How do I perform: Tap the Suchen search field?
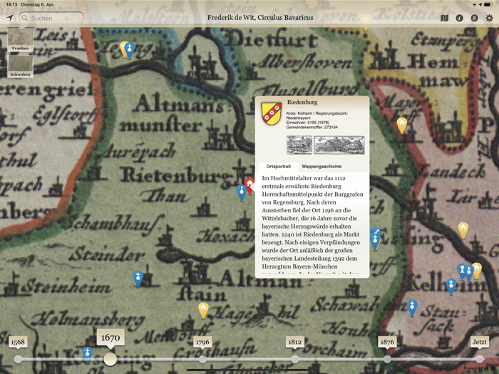[51, 18]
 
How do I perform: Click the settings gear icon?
[489, 18]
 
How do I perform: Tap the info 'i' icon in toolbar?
[460, 18]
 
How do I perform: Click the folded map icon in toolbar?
[445, 18]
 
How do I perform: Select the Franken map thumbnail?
[21, 39]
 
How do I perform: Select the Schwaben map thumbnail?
[21, 66]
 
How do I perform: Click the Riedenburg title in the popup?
[302, 103]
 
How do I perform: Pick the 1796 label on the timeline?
[202, 343]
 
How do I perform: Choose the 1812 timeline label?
[294, 343]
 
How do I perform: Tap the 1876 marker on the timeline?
[387, 343]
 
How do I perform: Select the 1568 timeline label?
[18, 343]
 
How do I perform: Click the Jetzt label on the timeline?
[479, 343]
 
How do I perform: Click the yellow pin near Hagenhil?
[203, 309]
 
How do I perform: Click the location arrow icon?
[9, 18]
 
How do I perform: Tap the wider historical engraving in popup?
[339, 145]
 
